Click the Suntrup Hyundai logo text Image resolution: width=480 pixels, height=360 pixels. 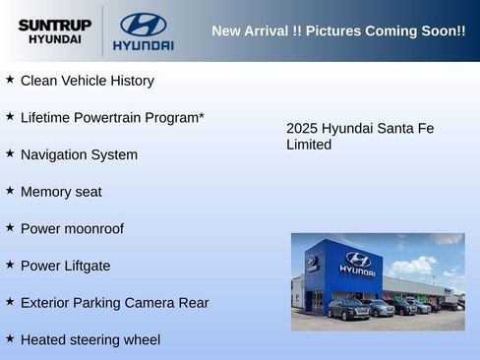(x=54, y=30)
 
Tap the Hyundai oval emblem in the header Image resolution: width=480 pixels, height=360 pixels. (x=143, y=25)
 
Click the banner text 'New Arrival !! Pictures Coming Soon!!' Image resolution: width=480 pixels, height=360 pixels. (x=338, y=30)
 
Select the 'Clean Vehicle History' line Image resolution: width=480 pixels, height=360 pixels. (x=87, y=81)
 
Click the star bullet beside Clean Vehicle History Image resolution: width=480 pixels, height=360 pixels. (x=10, y=79)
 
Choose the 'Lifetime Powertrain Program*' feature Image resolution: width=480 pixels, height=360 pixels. (x=112, y=118)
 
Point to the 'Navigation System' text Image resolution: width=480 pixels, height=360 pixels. (x=79, y=154)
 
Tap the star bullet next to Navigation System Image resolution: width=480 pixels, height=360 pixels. (x=10, y=153)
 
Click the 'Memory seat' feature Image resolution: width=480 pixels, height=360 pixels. (x=61, y=192)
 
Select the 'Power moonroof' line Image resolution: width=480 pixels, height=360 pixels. (x=72, y=229)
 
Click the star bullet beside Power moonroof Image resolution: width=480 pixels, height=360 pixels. (x=10, y=227)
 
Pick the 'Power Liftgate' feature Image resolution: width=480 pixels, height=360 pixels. (x=65, y=266)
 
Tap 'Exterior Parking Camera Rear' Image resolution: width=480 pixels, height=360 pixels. (x=114, y=303)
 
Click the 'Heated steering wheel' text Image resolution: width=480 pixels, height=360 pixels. (x=90, y=340)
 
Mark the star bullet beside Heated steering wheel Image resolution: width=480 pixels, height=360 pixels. (x=10, y=338)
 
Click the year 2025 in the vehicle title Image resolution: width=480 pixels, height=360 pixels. (x=302, y=129)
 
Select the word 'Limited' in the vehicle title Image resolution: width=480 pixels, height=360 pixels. (x=309, y=145)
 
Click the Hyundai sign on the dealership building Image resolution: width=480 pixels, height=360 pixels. (x=357, y=264)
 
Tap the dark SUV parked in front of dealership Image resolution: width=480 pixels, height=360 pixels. (x=348, y=309)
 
